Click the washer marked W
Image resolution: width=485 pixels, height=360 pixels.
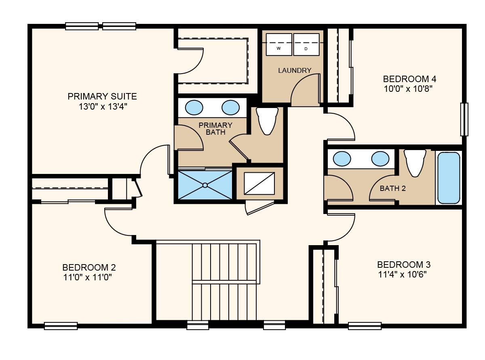coord(278,44)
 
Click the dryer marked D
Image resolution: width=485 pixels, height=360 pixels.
coord(306,44)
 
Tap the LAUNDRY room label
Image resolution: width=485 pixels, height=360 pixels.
coord(295,70)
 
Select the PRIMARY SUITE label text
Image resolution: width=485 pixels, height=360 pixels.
coord(102,96)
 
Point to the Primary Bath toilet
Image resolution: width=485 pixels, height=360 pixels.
coord(267,121)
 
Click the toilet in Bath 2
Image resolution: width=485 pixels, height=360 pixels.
coord(415,163)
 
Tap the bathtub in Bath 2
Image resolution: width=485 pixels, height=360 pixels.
coord(449,178)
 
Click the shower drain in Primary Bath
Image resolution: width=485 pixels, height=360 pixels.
coord(205,185)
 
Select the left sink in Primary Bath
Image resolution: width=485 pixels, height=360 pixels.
coord(194,108)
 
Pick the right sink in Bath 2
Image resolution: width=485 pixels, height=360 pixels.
coord(380,159)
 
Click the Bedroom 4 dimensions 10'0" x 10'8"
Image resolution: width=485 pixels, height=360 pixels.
coord(409,89)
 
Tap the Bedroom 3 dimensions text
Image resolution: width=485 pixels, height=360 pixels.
coord(403,274)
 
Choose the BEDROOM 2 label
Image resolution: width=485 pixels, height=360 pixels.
coord(89,267)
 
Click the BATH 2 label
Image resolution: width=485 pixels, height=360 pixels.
coord(393,188)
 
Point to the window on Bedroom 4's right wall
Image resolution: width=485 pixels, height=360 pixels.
coord(464,119)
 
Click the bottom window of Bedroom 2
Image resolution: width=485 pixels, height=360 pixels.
coord(61,326)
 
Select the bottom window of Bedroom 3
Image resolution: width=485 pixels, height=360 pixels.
coord(365,326)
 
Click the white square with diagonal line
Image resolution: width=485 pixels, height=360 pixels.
coord(259,183)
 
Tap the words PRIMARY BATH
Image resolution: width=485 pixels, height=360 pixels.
coord(215,129)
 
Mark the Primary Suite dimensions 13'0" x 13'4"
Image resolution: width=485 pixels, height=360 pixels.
coord(103,106)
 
